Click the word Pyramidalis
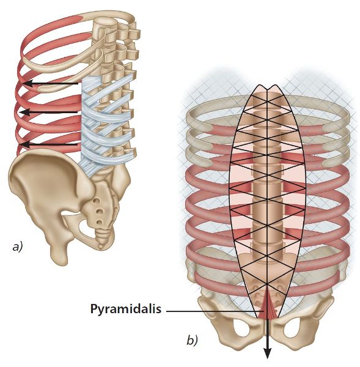point(126,309)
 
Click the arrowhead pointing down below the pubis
point(267,353)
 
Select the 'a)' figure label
point(17,247)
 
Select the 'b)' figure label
point(192,340)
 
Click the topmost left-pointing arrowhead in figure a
point(28,83)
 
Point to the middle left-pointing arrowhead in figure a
point(24,113)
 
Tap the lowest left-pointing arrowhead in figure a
point(25,145)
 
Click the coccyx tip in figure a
point(101,247)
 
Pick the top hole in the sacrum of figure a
point(96,201)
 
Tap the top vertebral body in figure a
point(105,24)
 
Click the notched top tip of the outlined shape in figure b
point(267,89)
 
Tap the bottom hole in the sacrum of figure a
point(100,221)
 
